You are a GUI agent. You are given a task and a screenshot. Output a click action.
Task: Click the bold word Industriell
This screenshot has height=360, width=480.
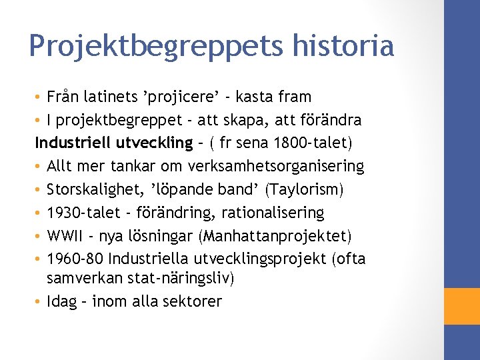coord(72,143)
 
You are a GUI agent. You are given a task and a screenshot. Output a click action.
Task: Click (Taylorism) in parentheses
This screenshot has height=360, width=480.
coord(305,189)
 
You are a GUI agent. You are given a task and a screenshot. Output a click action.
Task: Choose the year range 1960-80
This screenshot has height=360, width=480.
coord(75,259)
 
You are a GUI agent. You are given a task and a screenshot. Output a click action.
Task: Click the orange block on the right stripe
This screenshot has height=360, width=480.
coord(462,306)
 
